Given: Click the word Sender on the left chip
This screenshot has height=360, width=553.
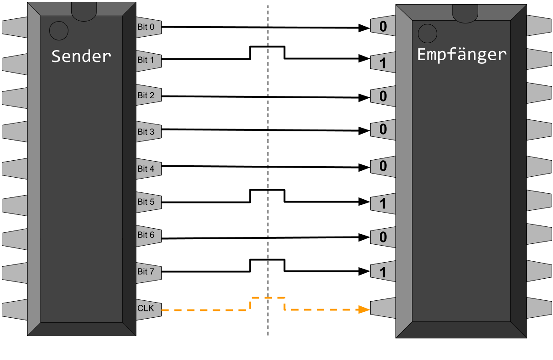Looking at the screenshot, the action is click(81, 56).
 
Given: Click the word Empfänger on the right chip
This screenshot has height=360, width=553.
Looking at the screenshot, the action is click(462, 55).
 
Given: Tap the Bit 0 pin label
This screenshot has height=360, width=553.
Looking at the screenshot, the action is click(146, 27).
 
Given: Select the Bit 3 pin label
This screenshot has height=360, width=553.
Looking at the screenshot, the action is click(146, 132).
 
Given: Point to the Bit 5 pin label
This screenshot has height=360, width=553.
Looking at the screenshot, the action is click(146, 202).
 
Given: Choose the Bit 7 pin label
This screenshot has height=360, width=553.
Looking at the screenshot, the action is click(146, 271).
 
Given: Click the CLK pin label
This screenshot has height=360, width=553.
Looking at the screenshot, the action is click(146, 308).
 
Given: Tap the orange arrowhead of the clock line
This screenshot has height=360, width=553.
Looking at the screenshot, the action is click(364, 309).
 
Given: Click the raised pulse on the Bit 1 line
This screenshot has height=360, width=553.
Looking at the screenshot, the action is click(267, 46).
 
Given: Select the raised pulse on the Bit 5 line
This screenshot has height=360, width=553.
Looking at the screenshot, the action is click(267, 190).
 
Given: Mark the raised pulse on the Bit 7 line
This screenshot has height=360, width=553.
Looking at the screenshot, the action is click(267, 259).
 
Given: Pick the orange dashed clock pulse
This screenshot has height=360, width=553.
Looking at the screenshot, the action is click(267, 298).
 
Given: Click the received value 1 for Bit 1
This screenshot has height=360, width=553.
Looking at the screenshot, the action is click(383, 63).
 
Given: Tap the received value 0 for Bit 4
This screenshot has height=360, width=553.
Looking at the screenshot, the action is click(383, 166).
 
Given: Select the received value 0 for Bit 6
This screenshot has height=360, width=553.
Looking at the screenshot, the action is click(383, 237).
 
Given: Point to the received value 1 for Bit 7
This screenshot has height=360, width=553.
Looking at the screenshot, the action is click(383, 272).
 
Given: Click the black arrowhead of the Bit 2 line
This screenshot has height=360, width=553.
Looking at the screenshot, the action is click(364, 98).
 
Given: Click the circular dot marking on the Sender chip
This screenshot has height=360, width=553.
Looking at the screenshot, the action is click(59, 31).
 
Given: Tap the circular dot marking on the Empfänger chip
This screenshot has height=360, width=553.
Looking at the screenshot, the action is click(428, 34).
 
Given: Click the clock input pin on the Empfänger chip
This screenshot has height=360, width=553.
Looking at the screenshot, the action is click(383, 308).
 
